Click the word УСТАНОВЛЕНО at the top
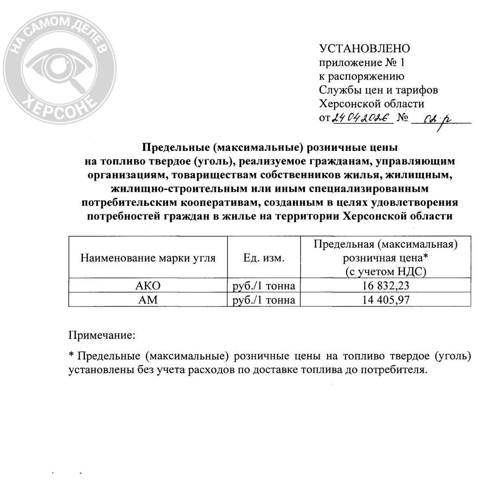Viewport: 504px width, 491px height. pyautogui.click(x=364, y=49)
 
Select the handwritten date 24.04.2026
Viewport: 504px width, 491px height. pyautogui.click(x=363, y=118)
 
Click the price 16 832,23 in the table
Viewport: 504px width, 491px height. pyautogui.click(x=385, y=286)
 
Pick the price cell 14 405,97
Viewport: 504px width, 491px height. pyautogui.click(x=385, y=300)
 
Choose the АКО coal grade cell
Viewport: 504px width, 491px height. pyautogui.click(x=148, y=286)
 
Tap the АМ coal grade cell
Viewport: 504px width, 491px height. pyautogui.click(x=148, y=300)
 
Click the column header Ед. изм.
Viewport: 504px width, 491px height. pyautogui.click(x=264, y=258)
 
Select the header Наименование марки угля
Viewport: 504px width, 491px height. pyautogui.click(x=148, y=258)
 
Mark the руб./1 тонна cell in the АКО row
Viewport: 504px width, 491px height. pyautogui.click(x=264, y=286)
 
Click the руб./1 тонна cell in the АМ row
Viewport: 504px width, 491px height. pyautogui.click(x=264, y=300)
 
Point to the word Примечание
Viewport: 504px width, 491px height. pyautogui.click(x=101, y=334)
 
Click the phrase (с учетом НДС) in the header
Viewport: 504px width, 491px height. pyautogui.click(x=385, y=271)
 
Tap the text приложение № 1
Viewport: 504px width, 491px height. pyautogui.click(x=362, y=63)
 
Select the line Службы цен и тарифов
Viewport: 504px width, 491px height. pyautogui.click(x=378, y=90)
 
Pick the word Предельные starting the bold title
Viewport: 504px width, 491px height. pyautogui.click(x=175, y=148)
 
